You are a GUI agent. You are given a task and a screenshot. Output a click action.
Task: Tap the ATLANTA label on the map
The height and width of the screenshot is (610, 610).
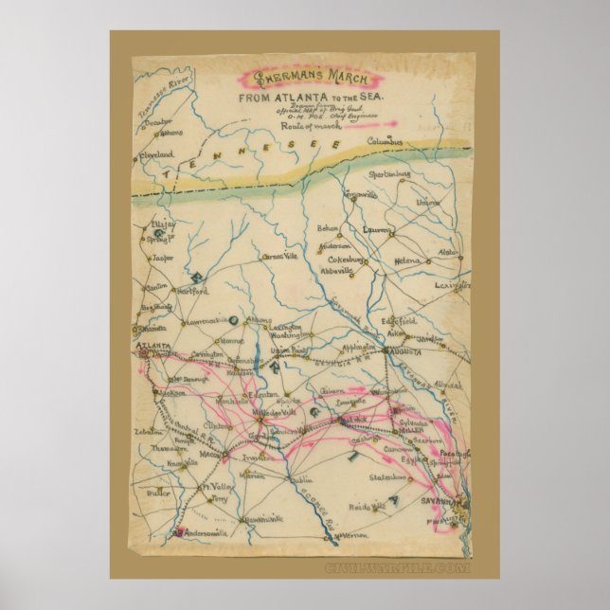coord(154,347)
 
